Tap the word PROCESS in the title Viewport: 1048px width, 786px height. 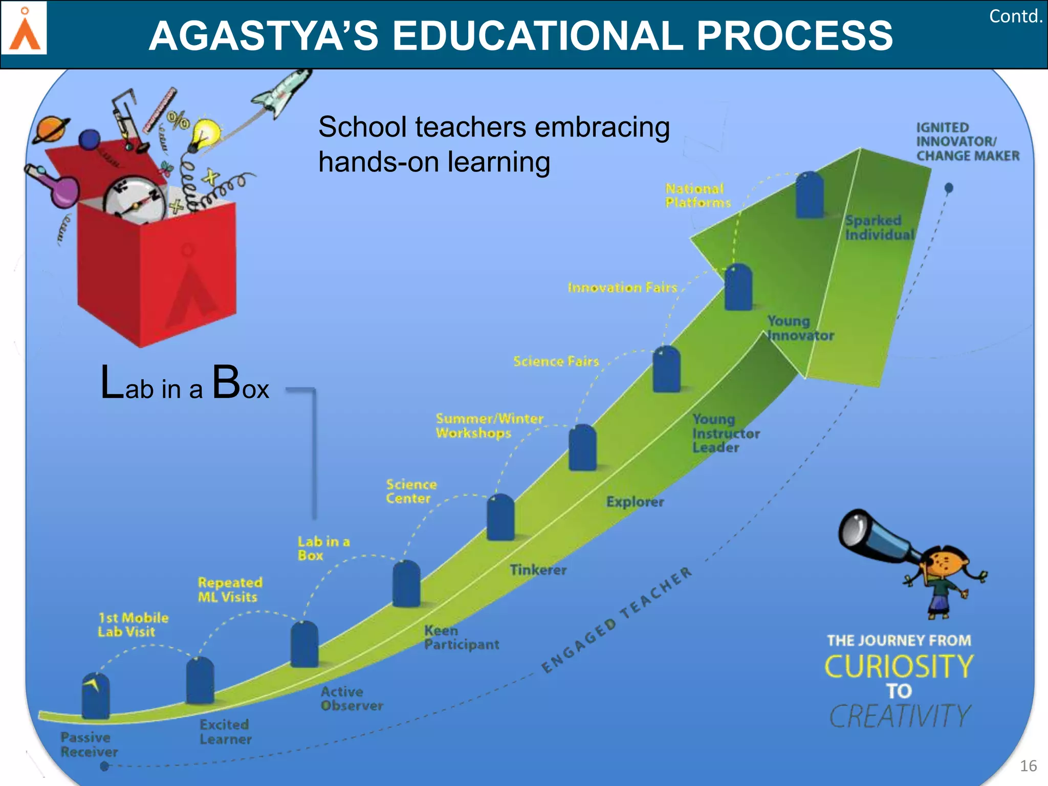794,36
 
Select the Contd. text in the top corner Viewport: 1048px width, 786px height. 1015,16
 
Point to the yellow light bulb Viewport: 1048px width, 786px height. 206,132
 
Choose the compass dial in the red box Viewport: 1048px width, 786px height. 134,200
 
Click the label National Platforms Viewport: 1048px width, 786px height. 697,196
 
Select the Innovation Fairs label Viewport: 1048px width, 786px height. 622,288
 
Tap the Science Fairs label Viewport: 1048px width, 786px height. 556,362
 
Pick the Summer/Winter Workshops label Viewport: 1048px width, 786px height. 489,426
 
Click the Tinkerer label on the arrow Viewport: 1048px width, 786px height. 538,570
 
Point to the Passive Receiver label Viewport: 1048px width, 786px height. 89,745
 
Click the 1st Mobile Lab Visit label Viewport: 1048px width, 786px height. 133,625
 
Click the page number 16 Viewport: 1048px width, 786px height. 1028,766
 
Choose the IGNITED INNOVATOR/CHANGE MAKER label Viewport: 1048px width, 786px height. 967,142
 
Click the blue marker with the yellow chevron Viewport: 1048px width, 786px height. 96,696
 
